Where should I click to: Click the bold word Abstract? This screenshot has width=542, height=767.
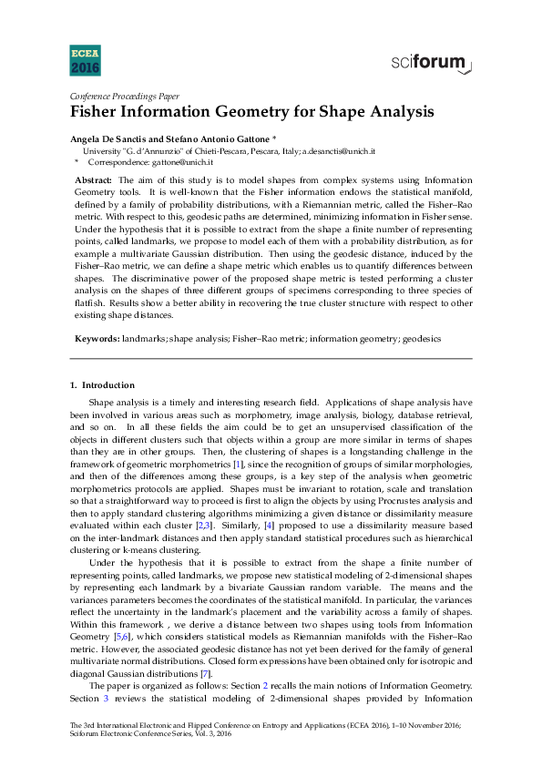(93, 180)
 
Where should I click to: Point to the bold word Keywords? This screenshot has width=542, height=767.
(97, 338)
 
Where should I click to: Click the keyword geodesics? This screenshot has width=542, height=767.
(420, 338)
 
